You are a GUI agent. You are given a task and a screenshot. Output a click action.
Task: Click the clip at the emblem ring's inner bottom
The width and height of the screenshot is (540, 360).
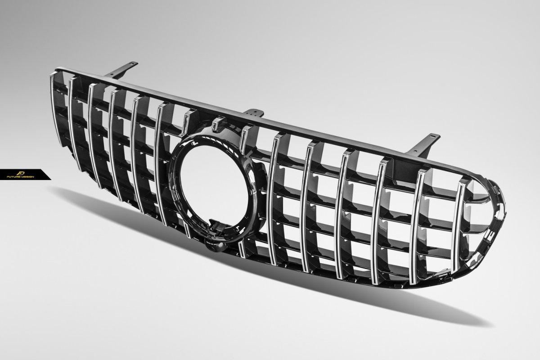click(215, 227)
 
